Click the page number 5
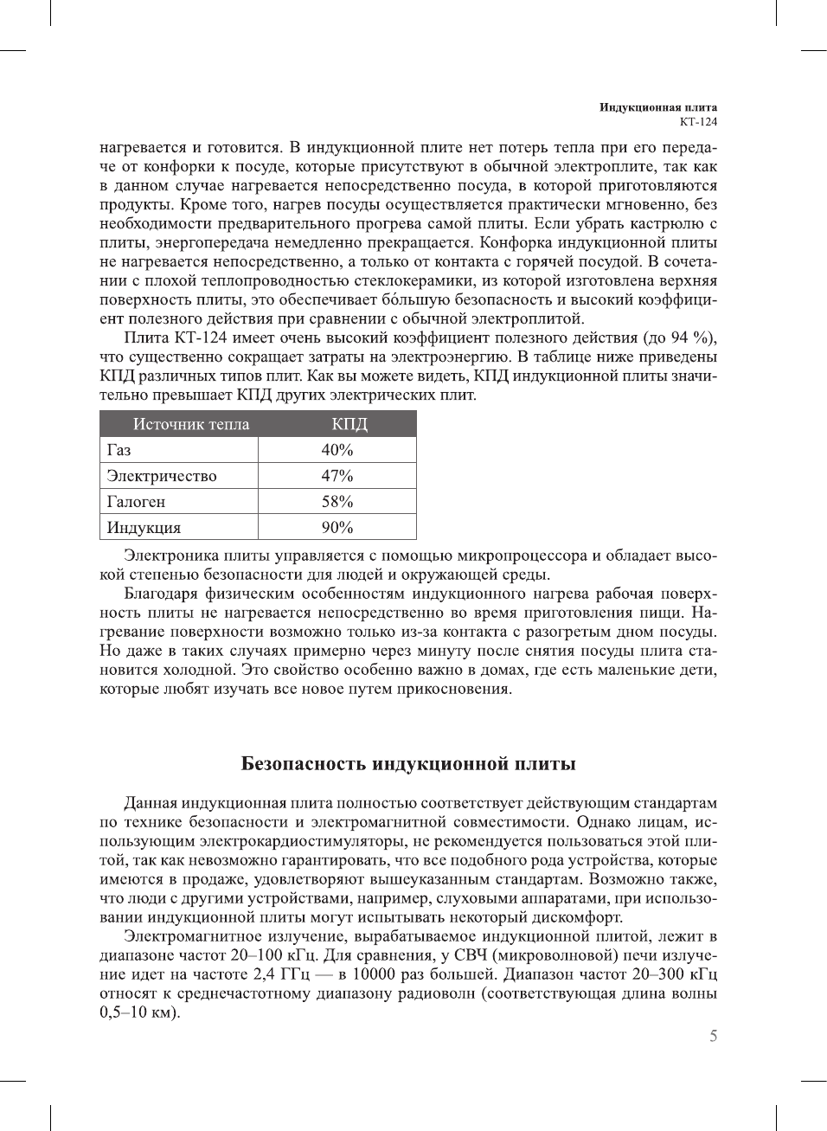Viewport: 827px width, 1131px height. click(713, 1036)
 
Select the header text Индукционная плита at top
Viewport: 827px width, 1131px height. click(658, 107)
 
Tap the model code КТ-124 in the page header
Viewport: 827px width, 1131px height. click(698, 121)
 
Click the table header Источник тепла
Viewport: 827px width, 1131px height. click(190, 424)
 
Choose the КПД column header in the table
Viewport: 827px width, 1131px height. click(349, 424)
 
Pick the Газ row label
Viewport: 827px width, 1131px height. click(119, 450)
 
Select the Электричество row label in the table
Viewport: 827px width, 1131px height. click(162, 476)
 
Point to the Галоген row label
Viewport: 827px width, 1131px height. click(136, 502)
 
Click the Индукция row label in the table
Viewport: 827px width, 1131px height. click(144, 528)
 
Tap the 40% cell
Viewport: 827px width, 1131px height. click(337, 450)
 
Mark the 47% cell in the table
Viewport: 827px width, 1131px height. click(337, 476)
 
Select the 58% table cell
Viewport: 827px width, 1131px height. click(337, 502)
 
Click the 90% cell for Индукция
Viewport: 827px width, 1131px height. click(337, 528)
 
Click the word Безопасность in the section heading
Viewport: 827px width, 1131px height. click(304, 764)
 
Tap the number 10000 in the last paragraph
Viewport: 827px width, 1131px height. click(374, 974)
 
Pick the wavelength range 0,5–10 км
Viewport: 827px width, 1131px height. click(138, 1012)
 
